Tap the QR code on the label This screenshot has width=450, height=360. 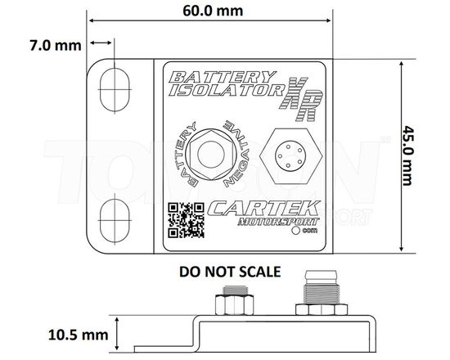pyautogui.click(x=186, y=219)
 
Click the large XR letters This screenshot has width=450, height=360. pyautogui.click(x=303, y=97)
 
